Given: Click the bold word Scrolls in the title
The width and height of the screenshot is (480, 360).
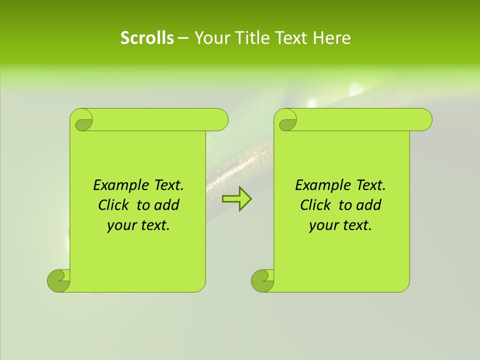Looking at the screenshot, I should click(147, 38).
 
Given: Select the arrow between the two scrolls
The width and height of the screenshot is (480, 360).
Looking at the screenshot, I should click(236, 199).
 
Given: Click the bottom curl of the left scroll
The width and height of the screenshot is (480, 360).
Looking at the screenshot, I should click(59, 280).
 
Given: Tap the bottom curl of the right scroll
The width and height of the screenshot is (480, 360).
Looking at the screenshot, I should click(262, 280).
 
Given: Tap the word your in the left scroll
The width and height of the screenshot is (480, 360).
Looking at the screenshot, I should click(121, 225).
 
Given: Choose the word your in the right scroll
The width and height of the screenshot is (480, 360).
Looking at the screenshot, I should click(323, 225).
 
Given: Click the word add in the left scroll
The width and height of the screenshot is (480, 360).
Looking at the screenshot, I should click(167, 205).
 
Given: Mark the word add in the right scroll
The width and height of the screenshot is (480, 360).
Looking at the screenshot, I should click(369, 205).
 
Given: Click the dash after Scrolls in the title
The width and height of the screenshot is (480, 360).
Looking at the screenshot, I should click(183, 38).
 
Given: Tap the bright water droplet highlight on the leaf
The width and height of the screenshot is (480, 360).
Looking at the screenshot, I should click(356, 89).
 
